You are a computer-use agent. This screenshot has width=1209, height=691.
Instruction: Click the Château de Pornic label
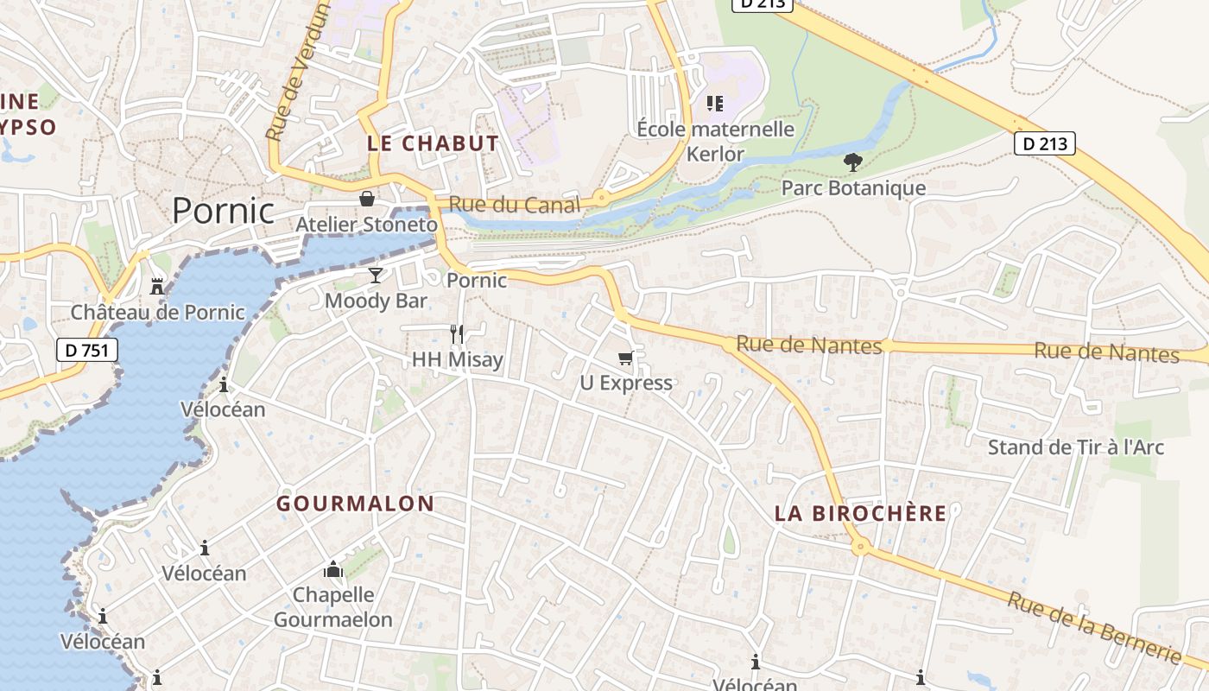tap(157, 312)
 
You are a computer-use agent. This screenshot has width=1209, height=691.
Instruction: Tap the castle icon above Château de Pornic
tap(157, 286)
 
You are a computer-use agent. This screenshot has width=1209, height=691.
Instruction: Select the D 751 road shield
tap(86, 350)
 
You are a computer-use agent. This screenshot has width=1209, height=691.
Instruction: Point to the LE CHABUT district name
tap(433, 143)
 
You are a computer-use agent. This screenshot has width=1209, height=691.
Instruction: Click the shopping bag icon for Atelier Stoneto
tap(367, 200)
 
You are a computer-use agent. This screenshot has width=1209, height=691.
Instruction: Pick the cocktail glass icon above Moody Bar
tap(376, 276)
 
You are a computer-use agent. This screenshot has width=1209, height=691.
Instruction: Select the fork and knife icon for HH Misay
tap(457, 333)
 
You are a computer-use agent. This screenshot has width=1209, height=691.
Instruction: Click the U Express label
tap(625, 383)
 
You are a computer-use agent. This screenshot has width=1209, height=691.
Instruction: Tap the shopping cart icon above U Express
tap(625, 358)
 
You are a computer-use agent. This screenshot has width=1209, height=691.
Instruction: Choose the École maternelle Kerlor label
tap(715, 142)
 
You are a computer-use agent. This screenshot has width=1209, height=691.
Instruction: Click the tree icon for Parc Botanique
tap(852, 162)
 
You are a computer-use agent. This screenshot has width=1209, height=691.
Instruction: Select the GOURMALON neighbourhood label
tap(355, 504)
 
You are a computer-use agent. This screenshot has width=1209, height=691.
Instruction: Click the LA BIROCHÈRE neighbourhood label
tap(860, 513)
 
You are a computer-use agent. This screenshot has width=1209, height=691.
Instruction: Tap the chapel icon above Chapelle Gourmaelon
tap(333, 569)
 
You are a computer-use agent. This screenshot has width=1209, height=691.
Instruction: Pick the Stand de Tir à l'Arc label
tap(1075, 447)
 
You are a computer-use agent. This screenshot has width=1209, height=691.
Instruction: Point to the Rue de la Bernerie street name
tap(1093, 627)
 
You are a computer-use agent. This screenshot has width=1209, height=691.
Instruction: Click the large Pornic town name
tap(223, 211)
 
